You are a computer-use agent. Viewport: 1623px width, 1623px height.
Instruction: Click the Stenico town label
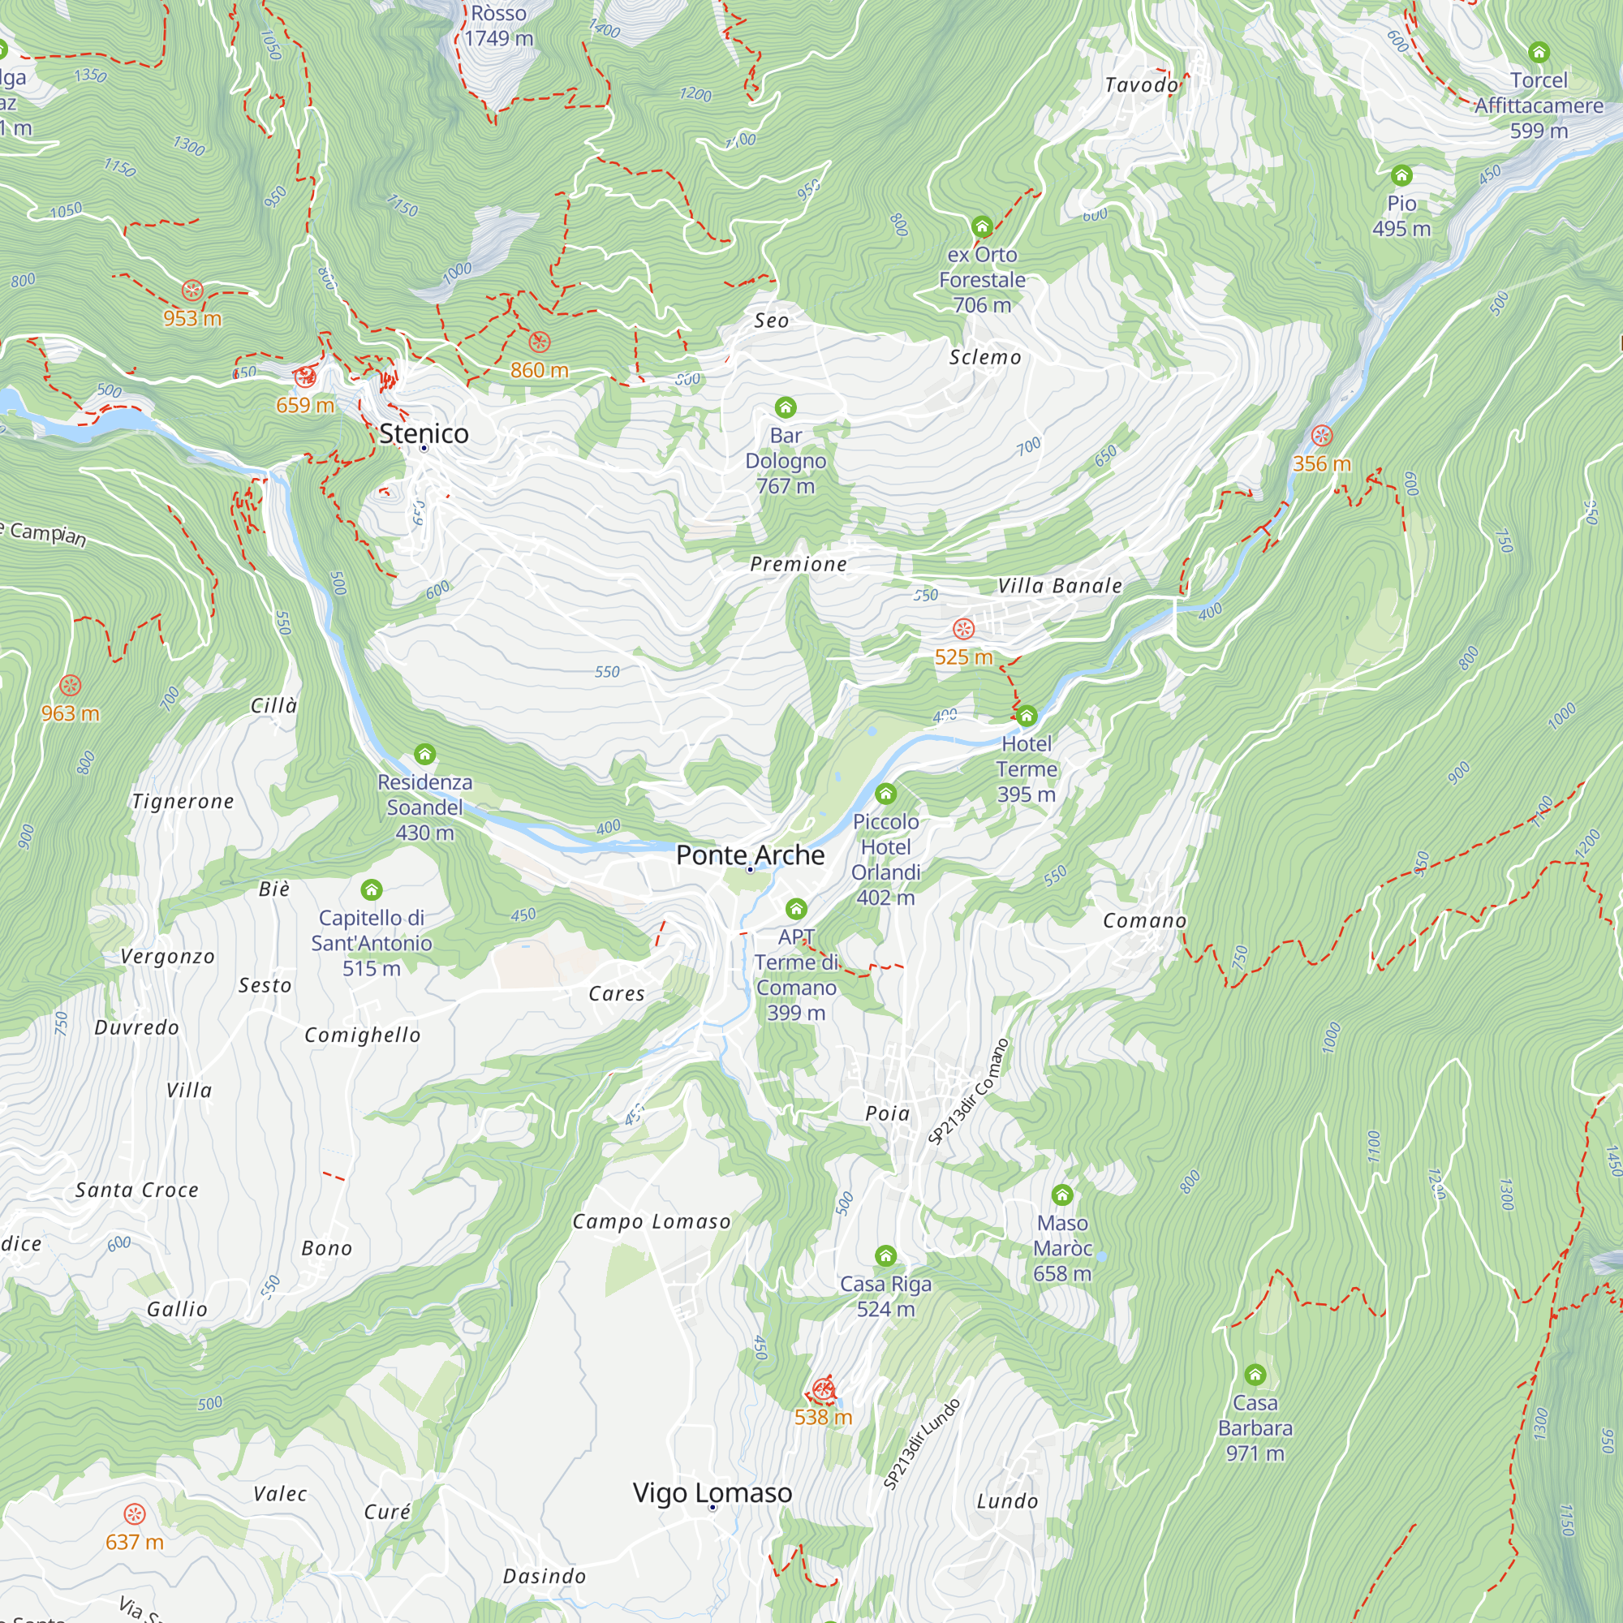424,433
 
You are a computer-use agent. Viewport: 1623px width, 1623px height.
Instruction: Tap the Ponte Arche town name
750,855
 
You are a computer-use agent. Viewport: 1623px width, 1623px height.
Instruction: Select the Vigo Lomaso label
712,1493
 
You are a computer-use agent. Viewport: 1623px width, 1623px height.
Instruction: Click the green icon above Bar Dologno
786,407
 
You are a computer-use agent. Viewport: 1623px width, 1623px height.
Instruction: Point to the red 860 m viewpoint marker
540,342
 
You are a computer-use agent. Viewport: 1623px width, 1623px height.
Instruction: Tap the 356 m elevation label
1321,463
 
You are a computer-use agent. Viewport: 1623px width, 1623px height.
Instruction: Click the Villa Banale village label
1059,586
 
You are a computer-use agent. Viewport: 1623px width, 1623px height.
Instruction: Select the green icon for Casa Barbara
1255,1375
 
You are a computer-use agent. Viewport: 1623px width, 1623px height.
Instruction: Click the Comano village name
1144,921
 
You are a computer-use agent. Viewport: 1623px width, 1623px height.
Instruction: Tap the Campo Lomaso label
651,1221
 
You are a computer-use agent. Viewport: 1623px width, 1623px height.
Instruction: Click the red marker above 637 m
135,1513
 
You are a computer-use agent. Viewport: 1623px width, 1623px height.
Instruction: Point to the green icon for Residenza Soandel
425,754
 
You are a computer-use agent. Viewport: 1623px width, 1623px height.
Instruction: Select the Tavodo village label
1142,85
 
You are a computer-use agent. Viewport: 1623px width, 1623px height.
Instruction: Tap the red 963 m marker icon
71,686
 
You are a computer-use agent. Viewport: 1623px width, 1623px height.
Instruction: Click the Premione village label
798,564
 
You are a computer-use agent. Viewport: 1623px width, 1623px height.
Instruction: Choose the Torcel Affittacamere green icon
1538,52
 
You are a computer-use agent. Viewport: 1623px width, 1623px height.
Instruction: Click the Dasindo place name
544,1576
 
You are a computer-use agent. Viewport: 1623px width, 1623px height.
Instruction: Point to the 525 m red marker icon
963,628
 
